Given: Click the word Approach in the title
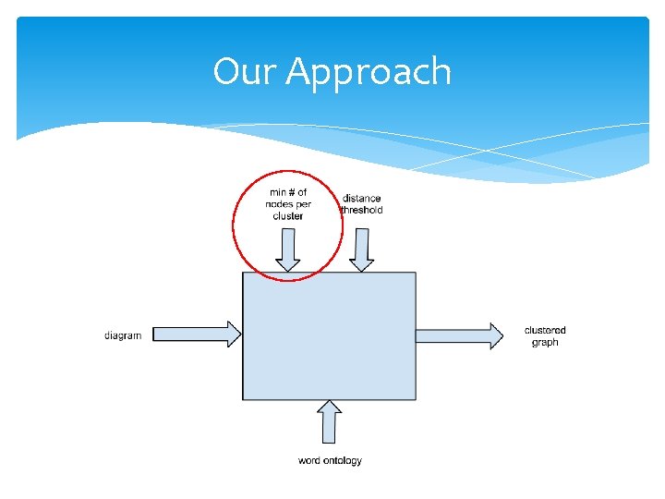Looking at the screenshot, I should click(x=369, y=73).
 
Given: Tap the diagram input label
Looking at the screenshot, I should click(x=123, y=335).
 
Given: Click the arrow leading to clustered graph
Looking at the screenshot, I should click(x=459, y=335).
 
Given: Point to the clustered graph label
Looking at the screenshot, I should click(x=545, y=336).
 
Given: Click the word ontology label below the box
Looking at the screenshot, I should click(x=330, y=460).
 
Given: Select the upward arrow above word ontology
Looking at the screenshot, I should click(x=330, y=421).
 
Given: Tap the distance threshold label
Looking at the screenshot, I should click(x=361, y=204).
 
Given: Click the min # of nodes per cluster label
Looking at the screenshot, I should click(x=288, y=204).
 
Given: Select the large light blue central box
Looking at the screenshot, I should click(x=329, y=335).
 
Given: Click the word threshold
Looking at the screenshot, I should click(x=361, y=211).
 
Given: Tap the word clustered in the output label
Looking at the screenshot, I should click(x=545, y=330).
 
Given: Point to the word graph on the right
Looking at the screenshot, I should click(x=545, y=343).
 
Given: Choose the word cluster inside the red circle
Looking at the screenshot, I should click(x=288, y=216).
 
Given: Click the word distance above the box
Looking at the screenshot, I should click(x=361, y=199).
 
